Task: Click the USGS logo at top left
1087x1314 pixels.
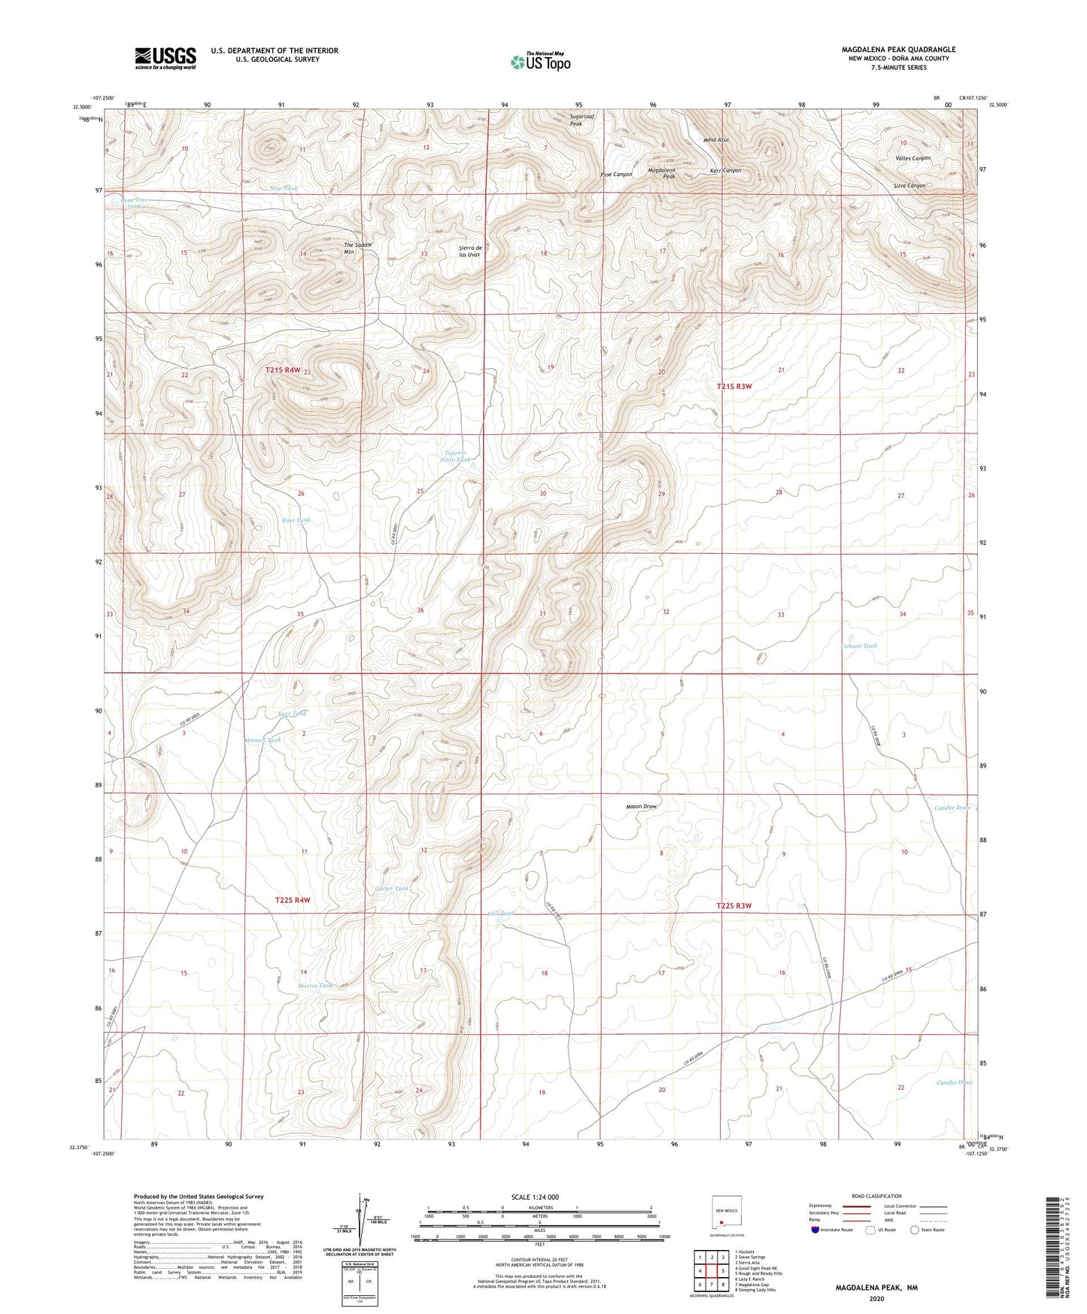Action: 165,58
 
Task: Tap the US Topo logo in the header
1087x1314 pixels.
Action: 539,62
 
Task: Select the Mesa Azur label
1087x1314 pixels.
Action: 716,140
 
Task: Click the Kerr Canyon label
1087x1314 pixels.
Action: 725,171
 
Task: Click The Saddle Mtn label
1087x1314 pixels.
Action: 357,248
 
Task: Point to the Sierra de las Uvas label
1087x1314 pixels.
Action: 469,251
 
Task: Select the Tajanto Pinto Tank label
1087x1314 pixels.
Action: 456,455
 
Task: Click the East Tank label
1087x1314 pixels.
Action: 296,520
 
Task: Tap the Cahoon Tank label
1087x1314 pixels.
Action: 858,646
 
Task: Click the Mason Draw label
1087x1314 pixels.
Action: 642,806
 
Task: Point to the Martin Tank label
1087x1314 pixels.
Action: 314,985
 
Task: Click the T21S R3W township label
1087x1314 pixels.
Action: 733,386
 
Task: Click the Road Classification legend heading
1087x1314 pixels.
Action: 876,1196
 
